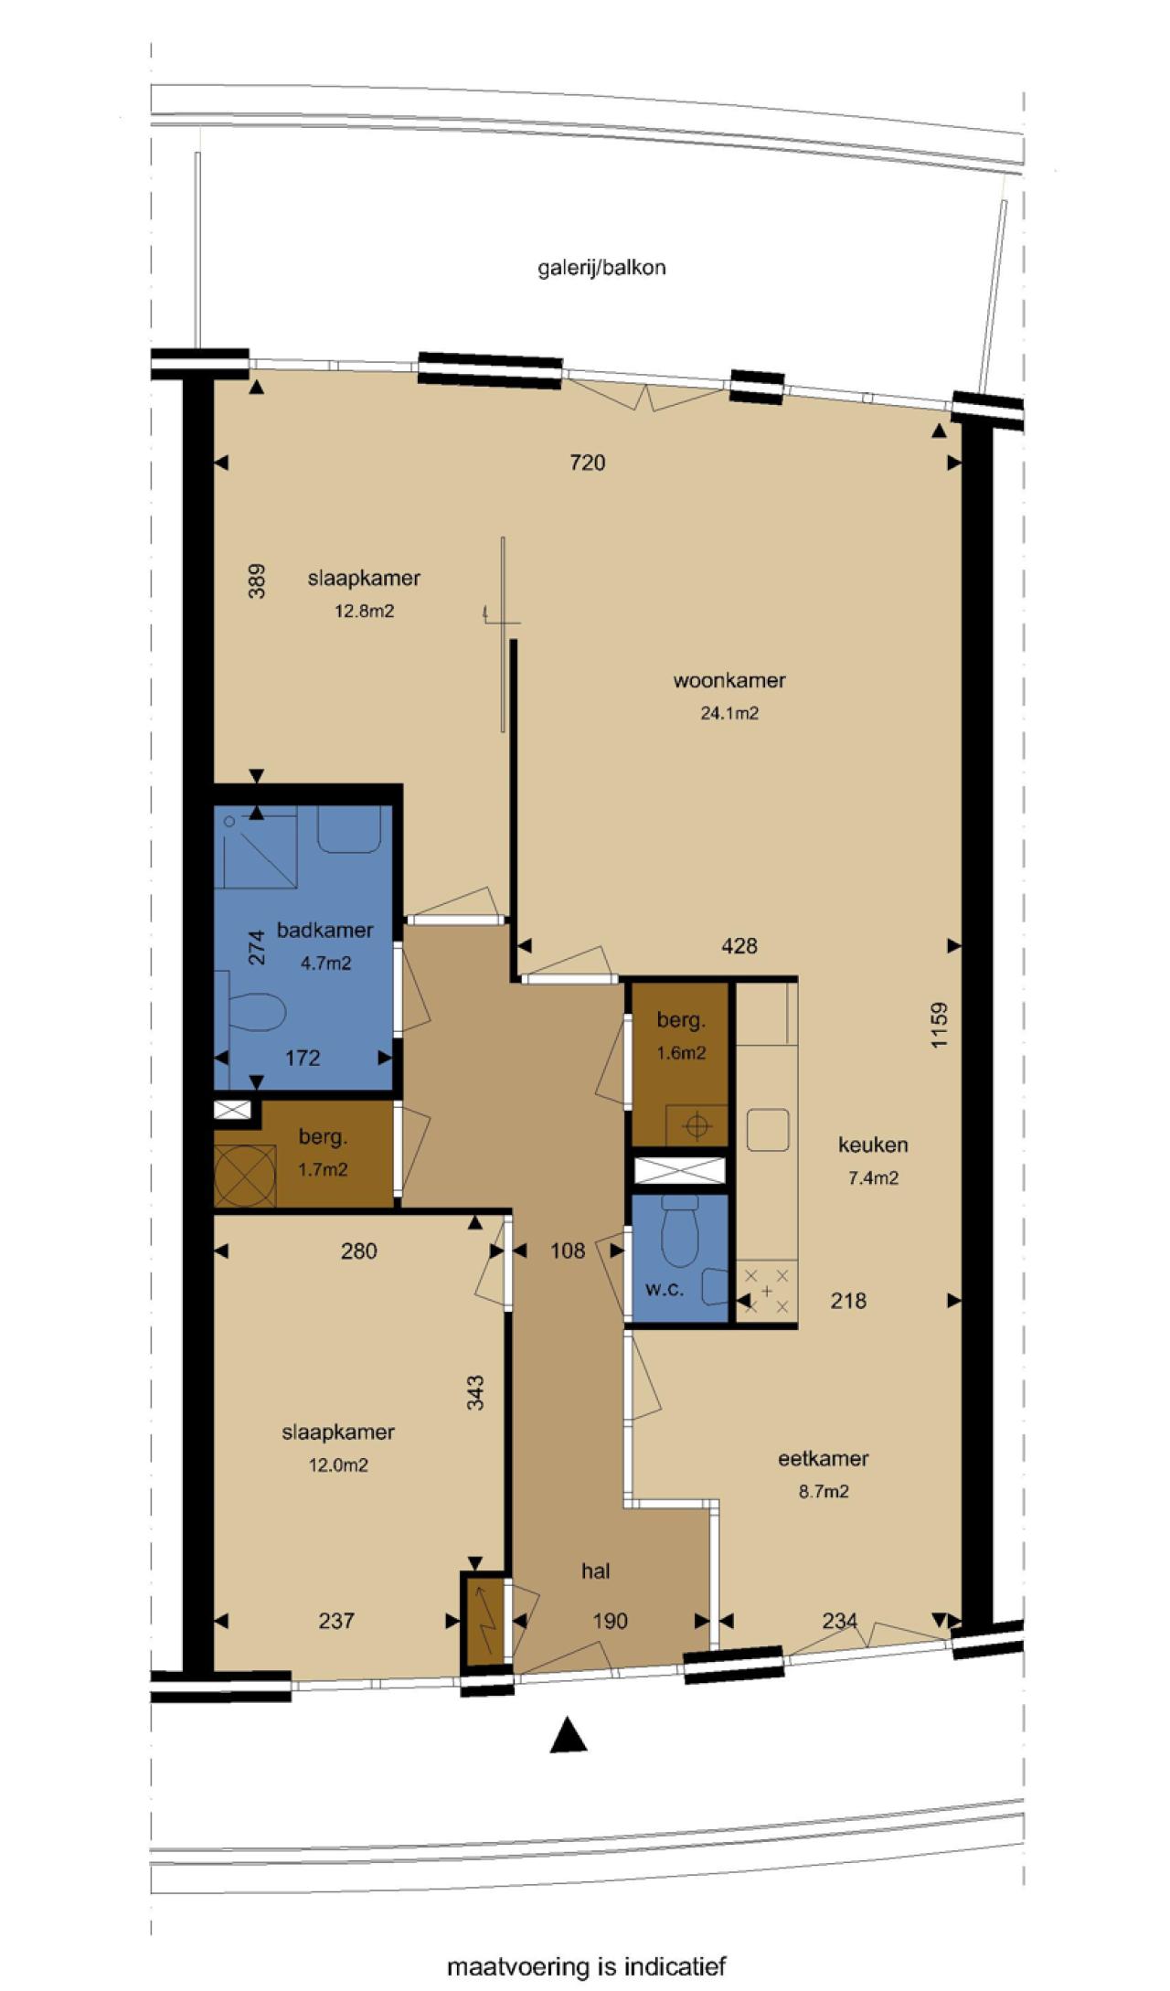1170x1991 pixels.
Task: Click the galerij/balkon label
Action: tap(601, 269)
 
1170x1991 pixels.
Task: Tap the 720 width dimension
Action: tap(588, 463)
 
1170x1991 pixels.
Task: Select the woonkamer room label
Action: tap(729, 680)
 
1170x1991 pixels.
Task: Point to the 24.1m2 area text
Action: tap(729, 713)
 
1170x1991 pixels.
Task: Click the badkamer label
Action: tap(325, 930)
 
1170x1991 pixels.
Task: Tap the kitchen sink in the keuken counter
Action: tap(768, 1130)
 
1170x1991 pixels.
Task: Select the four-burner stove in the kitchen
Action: tap(767, 1290)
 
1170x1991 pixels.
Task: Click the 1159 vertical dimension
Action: tap(940, 1026)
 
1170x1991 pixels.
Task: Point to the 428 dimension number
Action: tap(739, 946)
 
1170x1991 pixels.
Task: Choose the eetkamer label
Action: tap(824, 1458)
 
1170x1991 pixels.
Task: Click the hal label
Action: tap(596, 1570)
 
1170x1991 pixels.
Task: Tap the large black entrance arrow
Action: tap(569, 1734)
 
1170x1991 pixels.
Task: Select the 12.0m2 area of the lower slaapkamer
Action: tap(338, 1464)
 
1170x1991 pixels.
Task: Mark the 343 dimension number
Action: tap(475, 1392)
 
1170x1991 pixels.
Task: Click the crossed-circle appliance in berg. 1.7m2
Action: tap(245, 1176)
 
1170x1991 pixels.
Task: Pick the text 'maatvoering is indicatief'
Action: tap(586, 1965)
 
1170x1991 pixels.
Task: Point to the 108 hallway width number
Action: tap(568, 1251)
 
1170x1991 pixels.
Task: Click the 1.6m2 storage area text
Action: tap(681, 1052)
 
